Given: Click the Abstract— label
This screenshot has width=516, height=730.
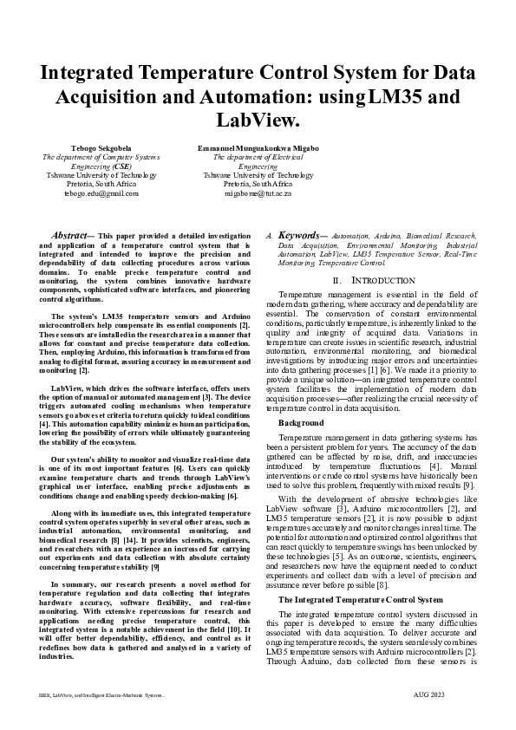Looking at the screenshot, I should [73, 235].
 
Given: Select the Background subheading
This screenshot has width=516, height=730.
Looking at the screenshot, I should [301, 422].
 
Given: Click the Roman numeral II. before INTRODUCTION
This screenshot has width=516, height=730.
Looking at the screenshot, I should [337, 281].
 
